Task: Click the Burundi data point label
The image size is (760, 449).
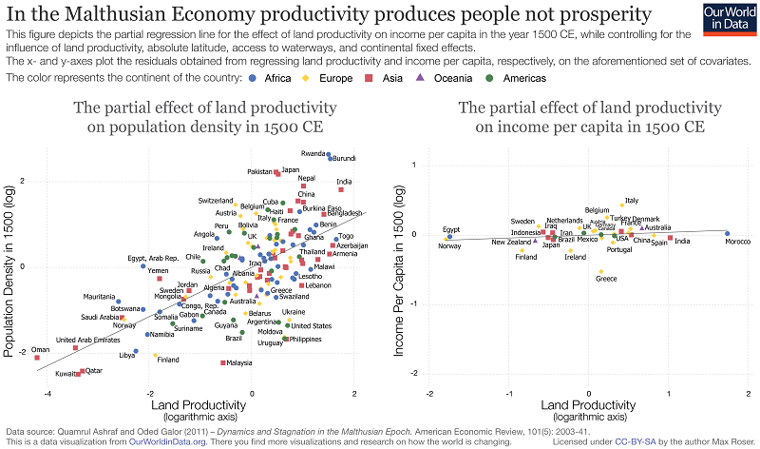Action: coord(342,158)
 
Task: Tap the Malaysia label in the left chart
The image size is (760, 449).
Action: coord(238,362)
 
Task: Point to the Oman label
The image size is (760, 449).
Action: coord(39,350)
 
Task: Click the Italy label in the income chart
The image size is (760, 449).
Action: coord(631,201)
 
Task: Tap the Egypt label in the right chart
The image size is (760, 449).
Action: coord(451,229)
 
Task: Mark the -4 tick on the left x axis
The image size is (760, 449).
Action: coord(47,393)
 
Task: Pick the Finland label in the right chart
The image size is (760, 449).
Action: coord(525,257)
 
